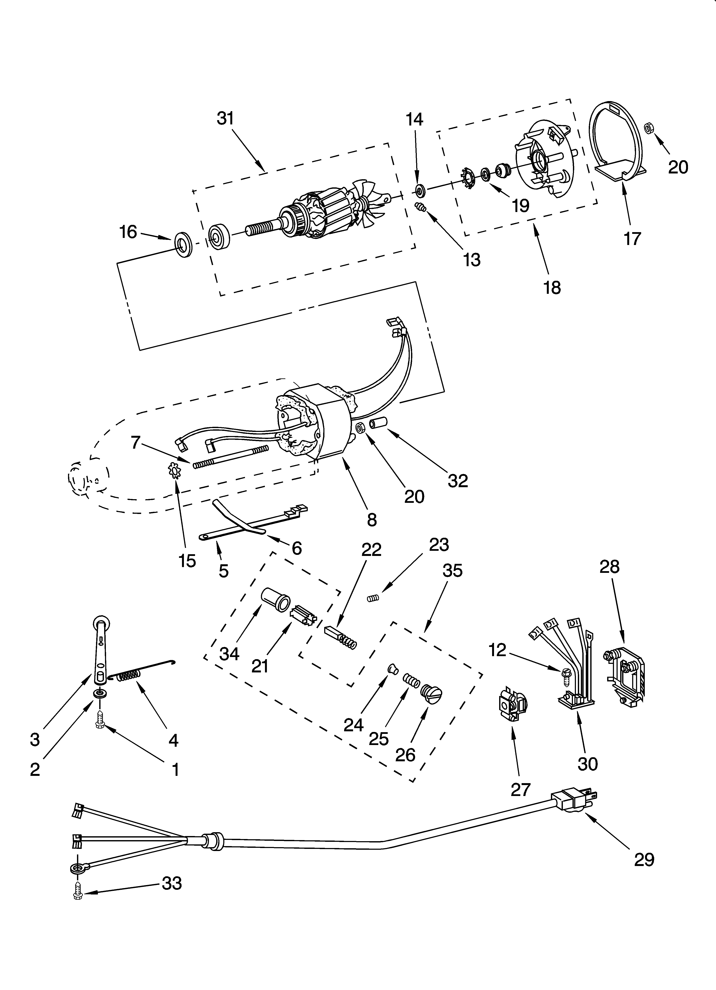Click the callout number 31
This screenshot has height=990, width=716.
pos(225,119)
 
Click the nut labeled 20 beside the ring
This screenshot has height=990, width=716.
pos(648,128)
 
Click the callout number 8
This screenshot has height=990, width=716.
pos(371,520)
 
